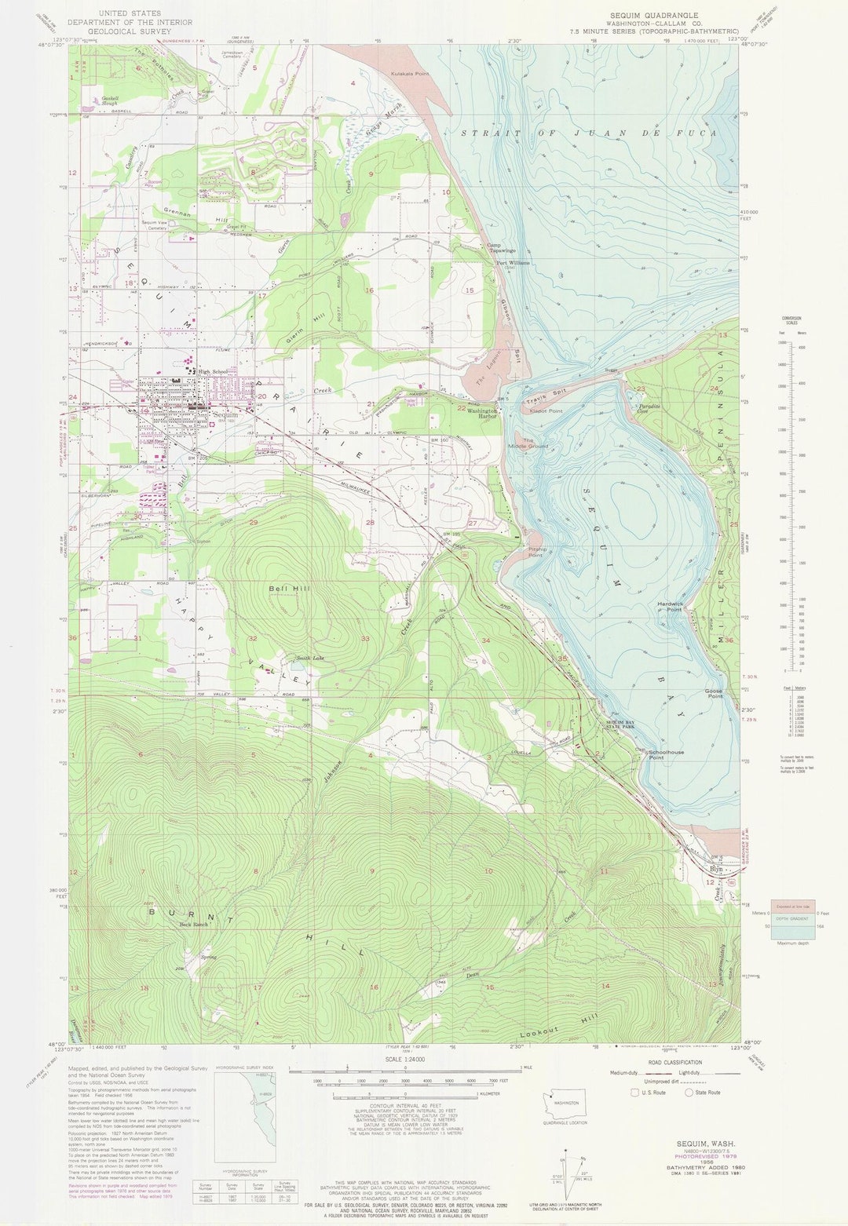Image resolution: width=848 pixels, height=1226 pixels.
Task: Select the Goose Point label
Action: point(715,694)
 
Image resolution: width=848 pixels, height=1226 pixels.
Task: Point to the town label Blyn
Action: point(715,869)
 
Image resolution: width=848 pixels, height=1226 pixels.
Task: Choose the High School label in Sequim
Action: point(213,372)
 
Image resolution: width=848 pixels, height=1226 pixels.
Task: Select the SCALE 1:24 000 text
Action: point(404,1059)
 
